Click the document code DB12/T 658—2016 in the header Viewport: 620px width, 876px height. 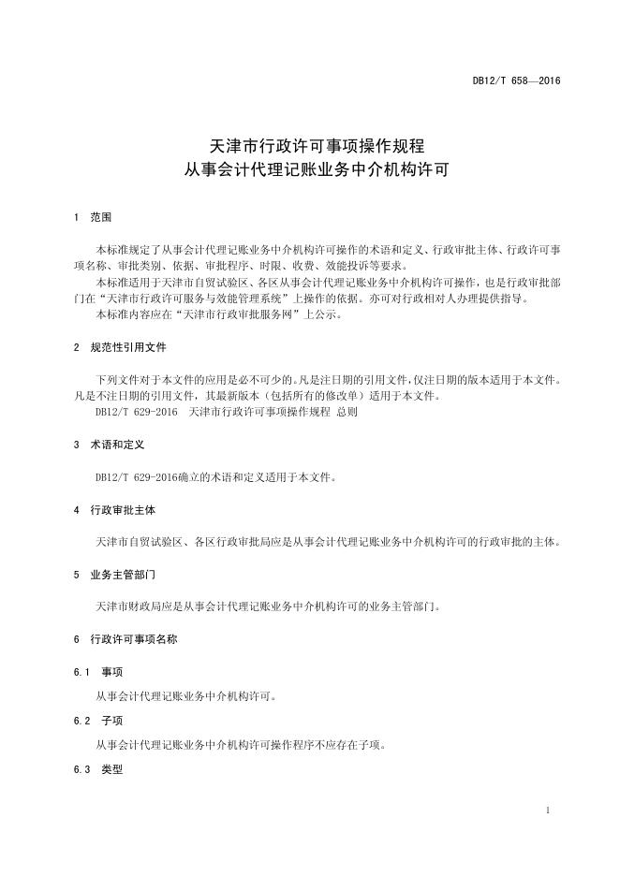click(515, 81)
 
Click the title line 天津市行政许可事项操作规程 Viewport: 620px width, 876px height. click(317, 147)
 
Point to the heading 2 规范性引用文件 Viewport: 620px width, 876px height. click(120, 347)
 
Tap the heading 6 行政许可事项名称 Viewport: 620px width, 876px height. click(125, 639)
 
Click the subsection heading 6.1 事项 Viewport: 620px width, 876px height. click(98, 673)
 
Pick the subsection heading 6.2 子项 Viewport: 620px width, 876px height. click(98, 722)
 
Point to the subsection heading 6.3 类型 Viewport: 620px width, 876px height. click(98, 770)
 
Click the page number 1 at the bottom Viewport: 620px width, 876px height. click(547, 810)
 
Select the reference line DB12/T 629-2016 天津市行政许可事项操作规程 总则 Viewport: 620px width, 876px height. click(227, 412)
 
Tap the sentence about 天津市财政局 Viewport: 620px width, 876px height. click(268, 606)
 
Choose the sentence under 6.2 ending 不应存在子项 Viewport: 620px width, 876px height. click(241, 746)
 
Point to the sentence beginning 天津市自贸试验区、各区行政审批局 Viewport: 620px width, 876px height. click(329, 542)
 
